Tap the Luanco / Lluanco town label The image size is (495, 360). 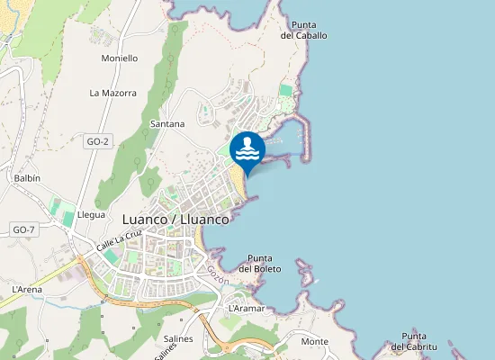click(x=175, y=219)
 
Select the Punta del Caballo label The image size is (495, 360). click(x=303, y=31)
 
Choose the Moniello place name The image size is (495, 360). click(x=120, y=58)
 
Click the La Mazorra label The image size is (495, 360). click(x=112, y=93)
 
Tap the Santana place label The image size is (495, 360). click(x=167, y=123)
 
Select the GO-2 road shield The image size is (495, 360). click(x=97, y=142)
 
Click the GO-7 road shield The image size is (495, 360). click(x=23, y=230)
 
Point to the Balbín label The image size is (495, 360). click(x=27, y=178)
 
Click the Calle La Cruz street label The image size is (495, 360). click(x=120, y=238)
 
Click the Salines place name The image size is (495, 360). click(x=179, y=339)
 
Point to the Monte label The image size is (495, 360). click(x=314, y=342)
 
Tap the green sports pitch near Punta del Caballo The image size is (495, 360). click(x=286, y=91)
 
